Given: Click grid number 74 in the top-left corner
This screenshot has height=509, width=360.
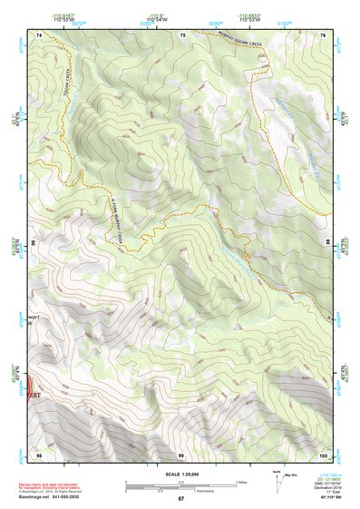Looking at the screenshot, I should click(39, 34).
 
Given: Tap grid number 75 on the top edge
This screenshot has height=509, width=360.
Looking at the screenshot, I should click(182, 34).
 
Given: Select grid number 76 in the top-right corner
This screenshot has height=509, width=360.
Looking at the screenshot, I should click(323, 34).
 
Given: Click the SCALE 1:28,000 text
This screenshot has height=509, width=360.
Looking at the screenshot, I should click(180, 474).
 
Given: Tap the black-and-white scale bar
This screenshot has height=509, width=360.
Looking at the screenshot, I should click(180, 485).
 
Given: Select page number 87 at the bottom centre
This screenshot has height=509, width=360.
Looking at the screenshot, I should click(180, 499).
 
